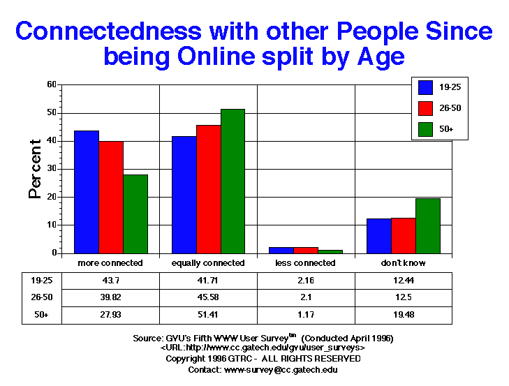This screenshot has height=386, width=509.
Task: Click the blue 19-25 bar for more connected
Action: [87, 192]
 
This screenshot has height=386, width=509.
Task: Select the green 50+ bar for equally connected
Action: [233, 181]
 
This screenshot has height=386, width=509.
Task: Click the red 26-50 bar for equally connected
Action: [208, 189]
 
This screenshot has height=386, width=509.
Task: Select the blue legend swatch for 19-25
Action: [426, 87]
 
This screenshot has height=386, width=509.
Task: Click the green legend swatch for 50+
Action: [426, 129]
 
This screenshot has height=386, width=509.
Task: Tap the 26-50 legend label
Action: [450, 108]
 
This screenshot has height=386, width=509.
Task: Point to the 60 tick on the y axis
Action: [51, 84]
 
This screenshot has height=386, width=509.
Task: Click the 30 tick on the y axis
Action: [51, 169]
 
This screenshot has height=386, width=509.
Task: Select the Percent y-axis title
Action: [34, 169]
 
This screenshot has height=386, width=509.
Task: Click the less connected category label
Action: [307, 263]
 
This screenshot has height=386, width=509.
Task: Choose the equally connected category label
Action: [209, 263]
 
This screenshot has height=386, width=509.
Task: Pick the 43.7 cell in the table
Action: [111, 280]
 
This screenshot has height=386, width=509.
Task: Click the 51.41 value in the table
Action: [209, 315]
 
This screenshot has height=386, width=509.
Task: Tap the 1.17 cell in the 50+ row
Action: [307, 315]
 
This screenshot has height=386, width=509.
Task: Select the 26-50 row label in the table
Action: [31, 297]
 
